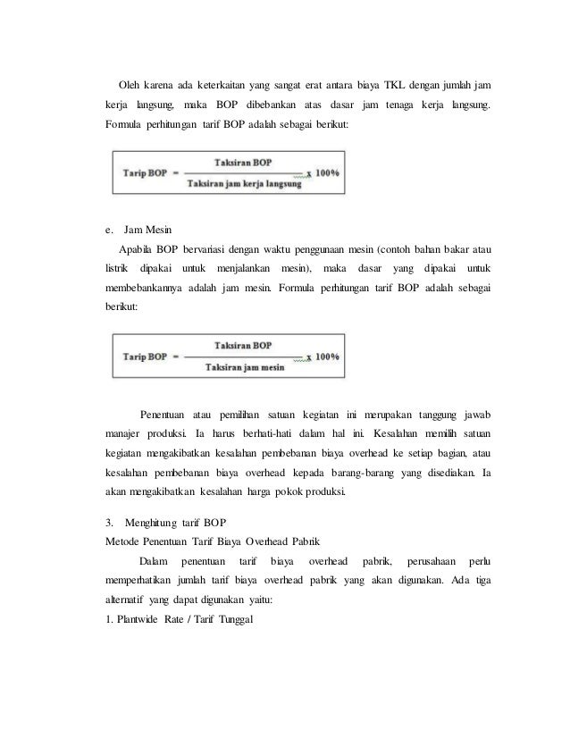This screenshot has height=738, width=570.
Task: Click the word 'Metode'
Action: tap(123, 540)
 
